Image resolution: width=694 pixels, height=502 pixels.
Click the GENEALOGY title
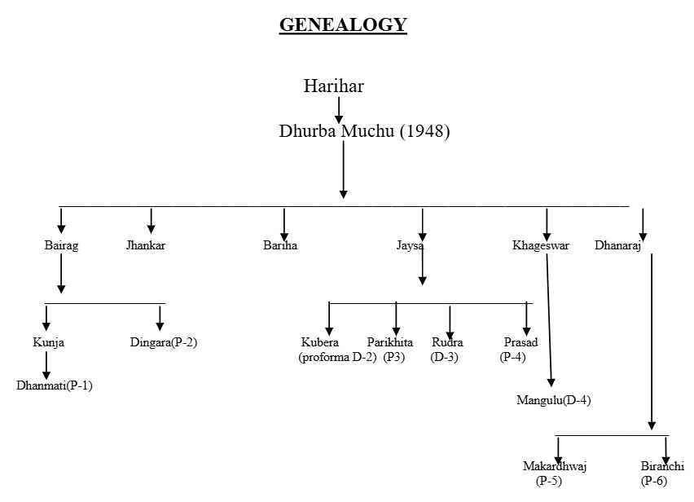point(343,25)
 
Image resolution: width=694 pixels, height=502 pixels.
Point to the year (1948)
point(424,131)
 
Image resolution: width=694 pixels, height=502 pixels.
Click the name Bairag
point(61,245)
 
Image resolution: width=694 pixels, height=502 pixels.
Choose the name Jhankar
point(146,245)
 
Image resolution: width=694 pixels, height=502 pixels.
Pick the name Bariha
point(281,245)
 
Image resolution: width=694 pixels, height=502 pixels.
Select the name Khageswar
point(541,245)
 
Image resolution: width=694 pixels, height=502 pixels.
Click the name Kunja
point(48,342)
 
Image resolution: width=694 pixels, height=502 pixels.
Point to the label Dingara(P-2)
point(164,342)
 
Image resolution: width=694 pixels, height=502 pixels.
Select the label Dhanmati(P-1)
point(55,385)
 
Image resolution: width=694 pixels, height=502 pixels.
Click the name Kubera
point(319,342)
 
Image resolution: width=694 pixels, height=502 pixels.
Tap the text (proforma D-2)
point(337,357)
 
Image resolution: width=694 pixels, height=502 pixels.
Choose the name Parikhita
point(389,342)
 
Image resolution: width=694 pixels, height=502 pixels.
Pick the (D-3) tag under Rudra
point(445,357)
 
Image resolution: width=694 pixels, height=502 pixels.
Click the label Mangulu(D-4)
point(553,399)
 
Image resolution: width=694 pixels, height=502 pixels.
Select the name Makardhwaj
point(555,466)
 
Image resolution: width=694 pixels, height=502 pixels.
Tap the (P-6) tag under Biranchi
point(653,481)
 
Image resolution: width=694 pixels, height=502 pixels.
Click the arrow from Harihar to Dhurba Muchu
point(339,108)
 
